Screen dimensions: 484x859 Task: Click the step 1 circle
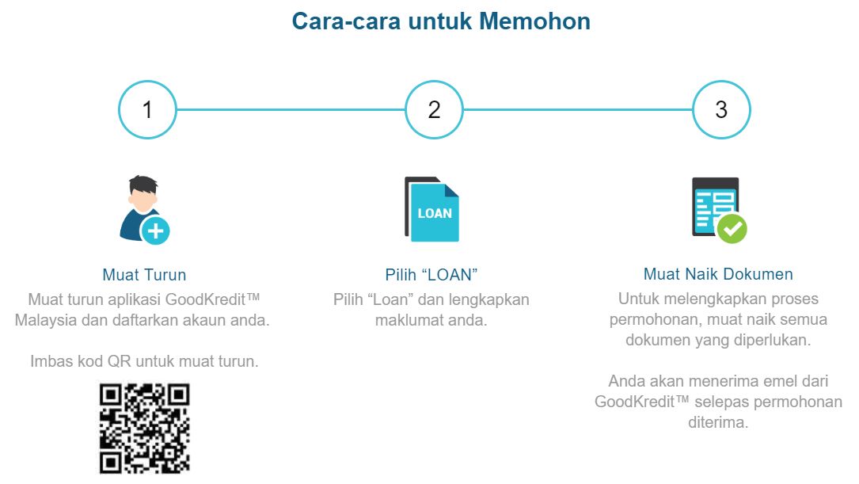[147, 109]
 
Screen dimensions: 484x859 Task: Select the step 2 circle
[434, 109]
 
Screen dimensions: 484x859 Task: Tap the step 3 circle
[720, 109]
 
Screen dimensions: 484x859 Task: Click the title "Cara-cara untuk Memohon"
[441, 21]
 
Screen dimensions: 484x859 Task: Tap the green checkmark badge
[732, 229]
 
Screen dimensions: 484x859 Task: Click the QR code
[144, 429]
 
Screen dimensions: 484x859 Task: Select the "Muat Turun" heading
[144, 275]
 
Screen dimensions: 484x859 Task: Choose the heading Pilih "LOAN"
[431, 275]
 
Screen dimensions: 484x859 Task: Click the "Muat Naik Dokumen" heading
[718, 275]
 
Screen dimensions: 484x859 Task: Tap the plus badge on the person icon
[156, 231]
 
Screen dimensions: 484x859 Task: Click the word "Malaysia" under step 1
[46, 321]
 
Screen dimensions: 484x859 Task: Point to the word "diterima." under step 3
[718, 422]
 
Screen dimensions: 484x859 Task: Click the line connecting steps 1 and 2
[291, 109]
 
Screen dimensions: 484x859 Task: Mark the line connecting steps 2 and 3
[577, 109]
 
